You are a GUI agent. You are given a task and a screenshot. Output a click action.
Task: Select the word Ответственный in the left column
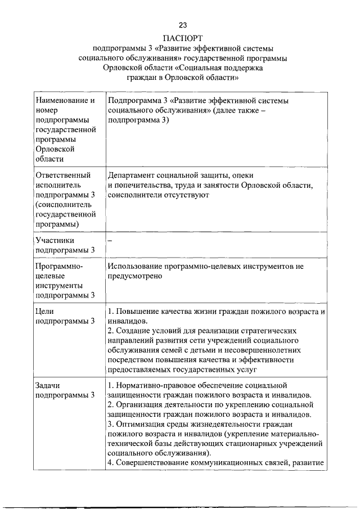point(62,175)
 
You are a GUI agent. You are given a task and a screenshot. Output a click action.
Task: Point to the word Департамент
point(133,175)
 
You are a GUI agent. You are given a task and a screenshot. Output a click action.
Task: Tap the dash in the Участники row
point(110,240)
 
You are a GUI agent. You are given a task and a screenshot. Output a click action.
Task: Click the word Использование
point(137,267)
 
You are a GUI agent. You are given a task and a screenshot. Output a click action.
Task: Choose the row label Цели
point(44,311)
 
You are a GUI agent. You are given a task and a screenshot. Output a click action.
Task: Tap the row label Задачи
point(48,386)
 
